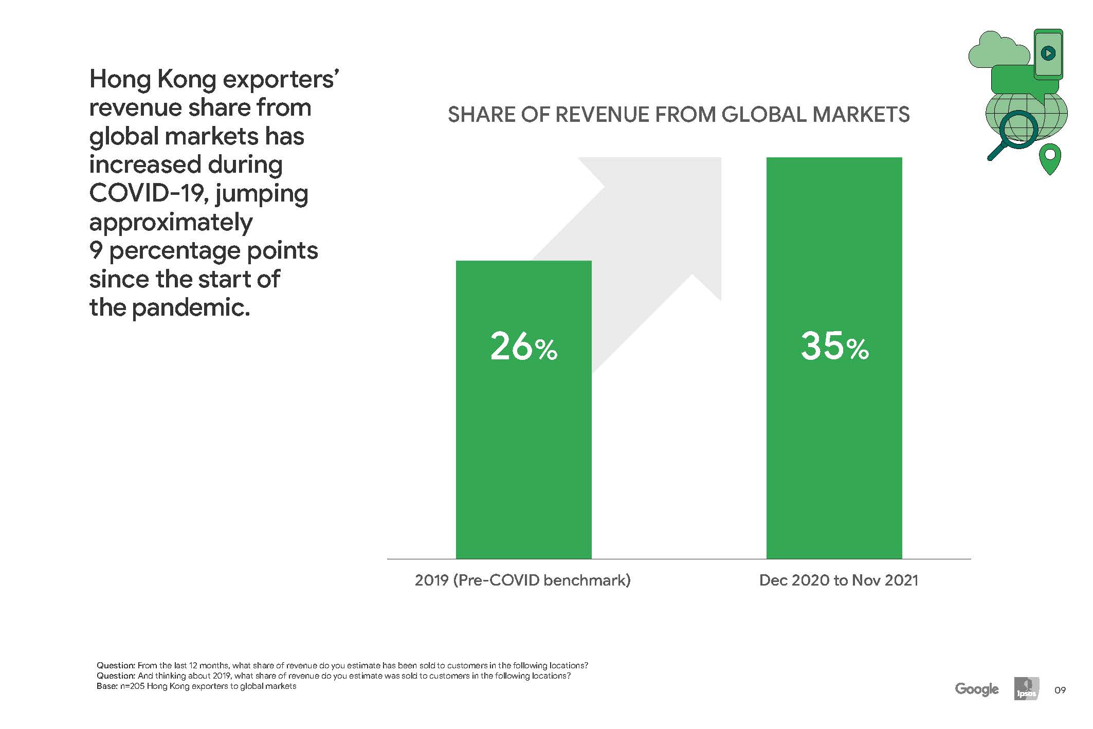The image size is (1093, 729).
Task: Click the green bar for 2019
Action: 523,409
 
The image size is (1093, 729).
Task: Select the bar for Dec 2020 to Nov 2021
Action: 834,358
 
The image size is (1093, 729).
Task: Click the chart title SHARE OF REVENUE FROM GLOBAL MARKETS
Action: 679,115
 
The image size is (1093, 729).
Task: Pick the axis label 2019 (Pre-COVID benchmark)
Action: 522,580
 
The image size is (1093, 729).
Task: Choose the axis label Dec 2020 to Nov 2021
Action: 839,580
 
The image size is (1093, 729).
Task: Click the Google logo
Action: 977,689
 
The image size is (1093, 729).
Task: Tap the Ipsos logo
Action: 1026,689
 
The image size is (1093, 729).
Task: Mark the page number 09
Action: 1060,690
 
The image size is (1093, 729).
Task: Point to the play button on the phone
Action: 1048,53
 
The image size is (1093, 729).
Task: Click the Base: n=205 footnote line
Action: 196,686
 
